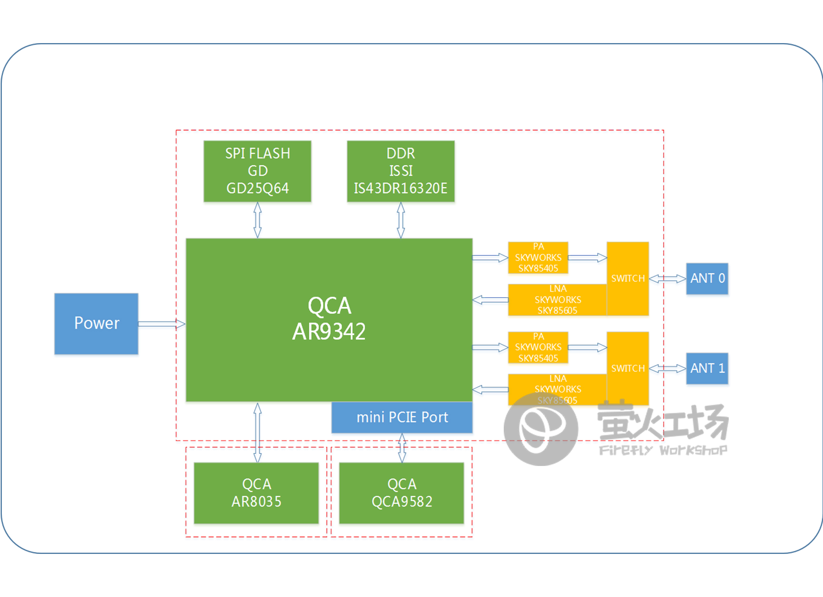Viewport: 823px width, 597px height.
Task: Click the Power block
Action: (96, 323)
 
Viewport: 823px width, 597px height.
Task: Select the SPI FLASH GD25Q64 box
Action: (257, 171)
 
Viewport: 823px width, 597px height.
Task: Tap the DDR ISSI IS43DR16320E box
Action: (401, 171)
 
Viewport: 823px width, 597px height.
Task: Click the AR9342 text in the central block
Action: (329, 332)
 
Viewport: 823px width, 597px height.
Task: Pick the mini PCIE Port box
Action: (402, 418)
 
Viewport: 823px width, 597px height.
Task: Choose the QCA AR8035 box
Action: (256, 493)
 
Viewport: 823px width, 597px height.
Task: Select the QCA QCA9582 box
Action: (401, 493)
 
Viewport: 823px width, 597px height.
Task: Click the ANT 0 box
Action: (707, 279)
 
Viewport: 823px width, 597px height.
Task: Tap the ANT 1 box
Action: (707, 368)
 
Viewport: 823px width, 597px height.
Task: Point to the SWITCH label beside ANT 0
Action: (628, 279)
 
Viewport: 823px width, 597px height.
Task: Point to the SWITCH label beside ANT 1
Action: (628, 368)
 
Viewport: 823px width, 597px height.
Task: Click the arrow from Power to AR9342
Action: (162, 323)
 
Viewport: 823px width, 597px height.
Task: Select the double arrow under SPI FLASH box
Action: (257, 220)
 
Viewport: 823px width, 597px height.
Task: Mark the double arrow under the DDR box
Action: (401, 220)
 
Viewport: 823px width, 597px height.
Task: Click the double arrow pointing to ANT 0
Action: (667, 279)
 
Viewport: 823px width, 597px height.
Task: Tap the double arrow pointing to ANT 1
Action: (667, 368)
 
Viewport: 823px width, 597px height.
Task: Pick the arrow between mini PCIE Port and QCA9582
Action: (402, 448)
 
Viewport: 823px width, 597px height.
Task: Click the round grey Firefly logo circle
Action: (540, 429)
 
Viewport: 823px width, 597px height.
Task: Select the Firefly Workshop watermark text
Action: (663, 450)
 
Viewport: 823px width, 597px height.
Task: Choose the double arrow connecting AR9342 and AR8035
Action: (257, 432)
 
